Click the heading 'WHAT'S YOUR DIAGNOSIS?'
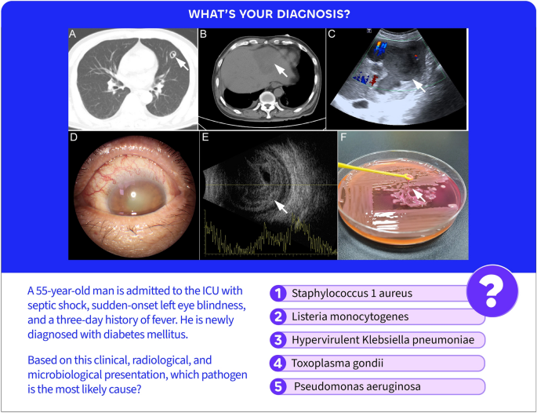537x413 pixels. [268, 14]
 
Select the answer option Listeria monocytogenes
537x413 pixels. [339, 316]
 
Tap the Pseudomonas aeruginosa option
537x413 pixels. [346, 386]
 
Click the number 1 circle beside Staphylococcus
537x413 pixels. [278, 294]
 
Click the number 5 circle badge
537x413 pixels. [278, 386]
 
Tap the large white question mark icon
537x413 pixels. [492, 291]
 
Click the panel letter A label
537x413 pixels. [74, 35]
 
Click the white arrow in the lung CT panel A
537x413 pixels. [181, 63]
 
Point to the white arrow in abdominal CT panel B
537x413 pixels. [280, 72]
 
